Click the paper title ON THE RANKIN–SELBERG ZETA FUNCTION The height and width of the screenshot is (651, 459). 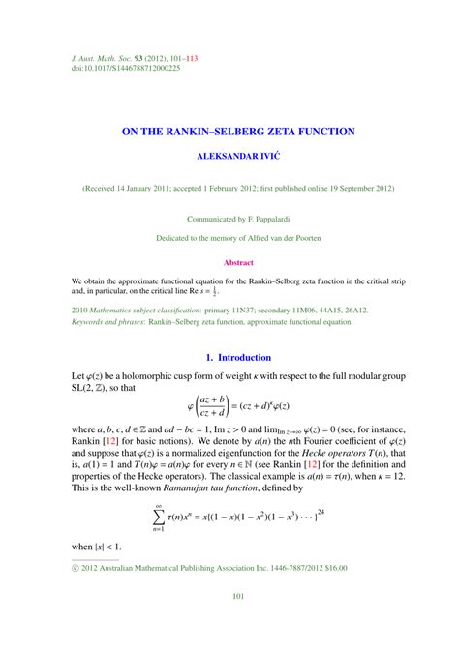click(x=229, y=131)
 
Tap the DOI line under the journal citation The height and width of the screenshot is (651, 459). click(x=126, y=68)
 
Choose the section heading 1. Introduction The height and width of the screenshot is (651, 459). click(x=229, y=358)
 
